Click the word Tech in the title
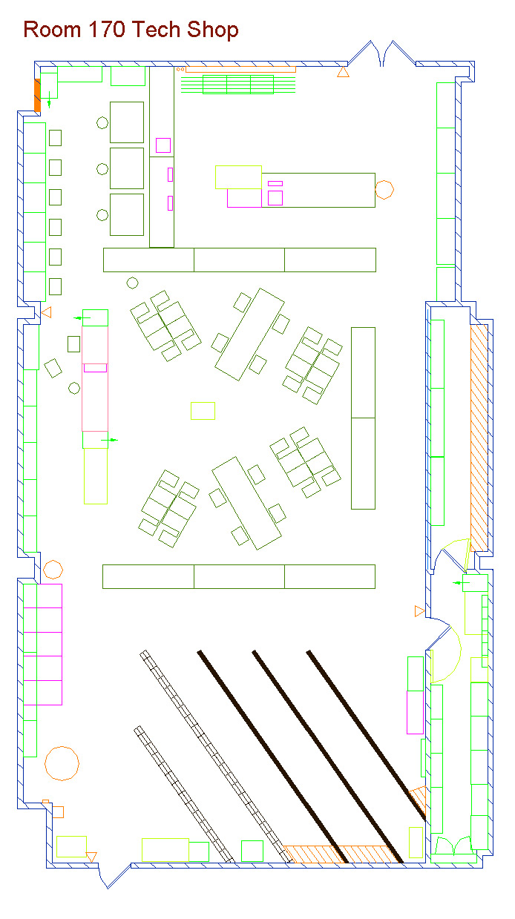click(x=156, y=30)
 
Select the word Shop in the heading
click(x=212, y=30)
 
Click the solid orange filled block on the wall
click(x=37, y=95)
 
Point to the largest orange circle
click(x=62, y=763)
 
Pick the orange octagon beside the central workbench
click(x=384, y=190)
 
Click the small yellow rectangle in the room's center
click(x=203, y=411)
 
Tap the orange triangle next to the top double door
click(x=343, y=72)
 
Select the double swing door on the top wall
click(x=382, y=53)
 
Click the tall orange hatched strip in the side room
click(x=479, y=438)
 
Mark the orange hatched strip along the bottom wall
click(x=343, y=854)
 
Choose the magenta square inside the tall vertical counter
click(x=163, y=145)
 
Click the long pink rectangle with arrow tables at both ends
click(x=95, y=379)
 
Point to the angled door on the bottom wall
click(x=115, y=876)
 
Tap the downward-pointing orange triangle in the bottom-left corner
click(x=91, y=857)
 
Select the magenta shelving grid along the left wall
click(x=43, y=645)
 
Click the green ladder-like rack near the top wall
click(x=238, y=84)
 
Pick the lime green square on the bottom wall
click(x=252, y=851)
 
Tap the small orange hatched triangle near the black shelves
click(x=418, y=799)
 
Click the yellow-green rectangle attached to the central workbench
click(x=238, y=177)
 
